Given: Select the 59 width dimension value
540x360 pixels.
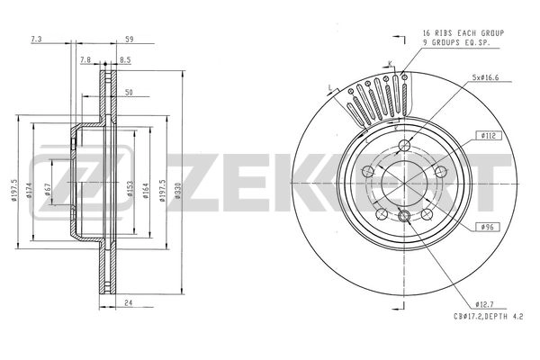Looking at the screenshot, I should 130,40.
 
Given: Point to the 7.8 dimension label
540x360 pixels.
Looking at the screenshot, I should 85,60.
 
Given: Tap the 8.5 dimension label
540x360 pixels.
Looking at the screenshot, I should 126,60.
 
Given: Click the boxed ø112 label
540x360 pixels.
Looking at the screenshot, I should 490,136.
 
